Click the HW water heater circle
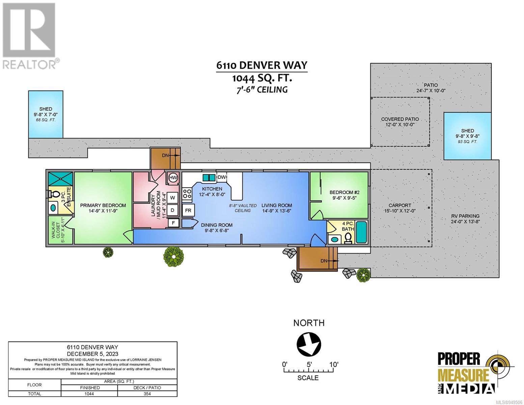click(x=173, y=178)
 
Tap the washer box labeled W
click(x=172, y=198)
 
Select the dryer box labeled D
click(x=172, y=210)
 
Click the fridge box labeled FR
click(x=188, y=210)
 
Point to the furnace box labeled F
click(x=173, y=223)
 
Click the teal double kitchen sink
click(x=209, y=178)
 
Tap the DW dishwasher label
click(x=222, y=177)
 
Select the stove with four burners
click(x=187, y=194)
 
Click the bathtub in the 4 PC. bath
click(x=361, y=232)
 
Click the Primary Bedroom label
click(x=103, y=205)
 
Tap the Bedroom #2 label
click(x=344, y=192)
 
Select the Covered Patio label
click(x=400, y=119)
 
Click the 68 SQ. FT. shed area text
click(x=46, y=120)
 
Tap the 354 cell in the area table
click(x=147, y=394)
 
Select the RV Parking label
click(x=465, y=216)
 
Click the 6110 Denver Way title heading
click(x=261, y=65)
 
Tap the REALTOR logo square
click(x=29, y=30)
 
